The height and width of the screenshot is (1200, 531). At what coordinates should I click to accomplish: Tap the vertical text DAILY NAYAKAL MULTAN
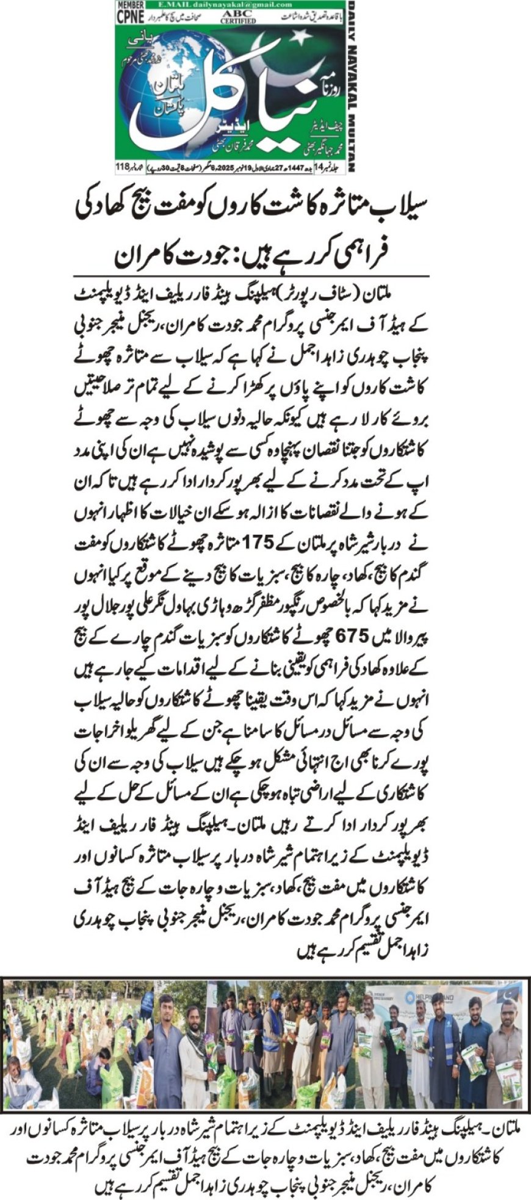pyautogui.click(x=352, y=85)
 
